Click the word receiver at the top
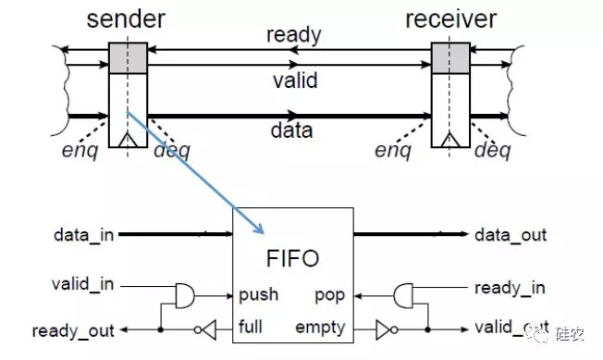click(x=449, y=19)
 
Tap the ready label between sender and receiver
click(x=293, y=36)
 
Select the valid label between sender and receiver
click(x=293, y=81)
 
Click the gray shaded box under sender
click(x=126, y=57)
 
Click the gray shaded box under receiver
click(x=449, y=57)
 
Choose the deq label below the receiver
click(x=492, y=149)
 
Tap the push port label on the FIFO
click(x=259, y=295)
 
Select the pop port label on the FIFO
click(x=330, y=295)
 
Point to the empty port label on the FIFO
click(x=321, y=327)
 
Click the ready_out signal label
click(x=72, y=330)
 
